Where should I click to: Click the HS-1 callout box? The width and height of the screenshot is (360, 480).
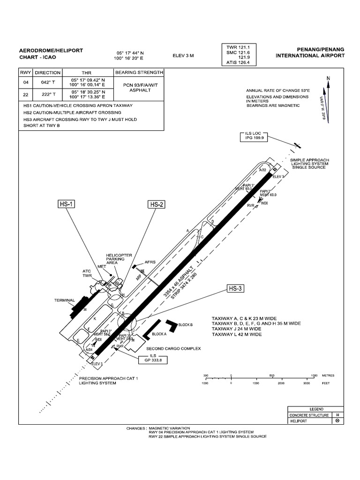click(67, 204)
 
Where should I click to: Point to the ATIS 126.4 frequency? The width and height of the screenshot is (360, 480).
click(239, 62)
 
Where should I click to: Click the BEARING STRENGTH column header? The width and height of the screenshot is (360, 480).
click(139, 73)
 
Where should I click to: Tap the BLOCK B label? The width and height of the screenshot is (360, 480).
click(186, 325)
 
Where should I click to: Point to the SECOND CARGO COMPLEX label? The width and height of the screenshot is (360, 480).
click(173, 349)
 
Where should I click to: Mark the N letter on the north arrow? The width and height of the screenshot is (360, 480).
click(328, 78)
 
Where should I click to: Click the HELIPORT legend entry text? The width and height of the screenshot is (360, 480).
click(300, 421)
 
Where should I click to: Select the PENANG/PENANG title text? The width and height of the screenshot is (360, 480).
click(321, 49)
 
